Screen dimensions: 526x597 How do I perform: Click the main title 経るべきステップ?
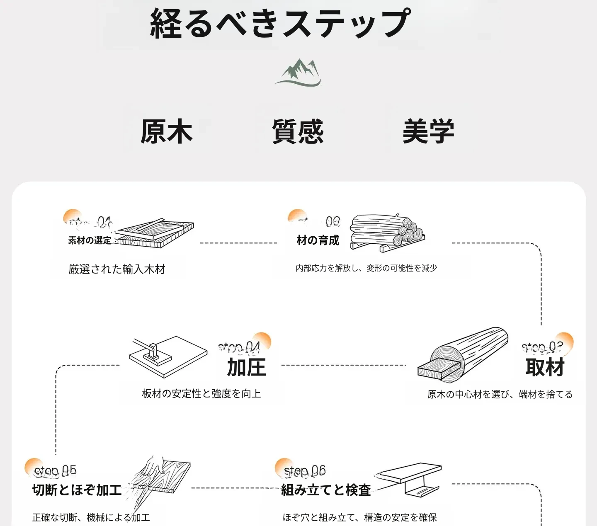click(x=280, y=23)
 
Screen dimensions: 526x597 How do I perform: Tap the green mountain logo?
click(x=298, y=73)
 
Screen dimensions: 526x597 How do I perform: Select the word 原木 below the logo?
click(x=167, y=132)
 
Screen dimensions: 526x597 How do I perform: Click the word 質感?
click(x=298, y=132)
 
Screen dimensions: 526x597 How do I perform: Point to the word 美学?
click(x=428, y=132)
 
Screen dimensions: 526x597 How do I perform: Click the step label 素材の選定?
click(x=90, y=240)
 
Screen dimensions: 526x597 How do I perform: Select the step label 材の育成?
click(x=318, y=240)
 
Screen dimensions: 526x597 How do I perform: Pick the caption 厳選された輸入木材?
click(x=117, y=269)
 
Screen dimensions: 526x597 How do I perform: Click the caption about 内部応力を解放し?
click(x=366, y=268)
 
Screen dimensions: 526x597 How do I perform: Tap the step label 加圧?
click(x=246, y=368)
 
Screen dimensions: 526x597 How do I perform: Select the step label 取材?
click(x=545, y=368)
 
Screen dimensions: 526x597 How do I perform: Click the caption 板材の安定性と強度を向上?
click(x=201, y=394)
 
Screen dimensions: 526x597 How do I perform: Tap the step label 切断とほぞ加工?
click(x=77, y=490)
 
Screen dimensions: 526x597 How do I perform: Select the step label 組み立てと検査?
click(x=326, y=490)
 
